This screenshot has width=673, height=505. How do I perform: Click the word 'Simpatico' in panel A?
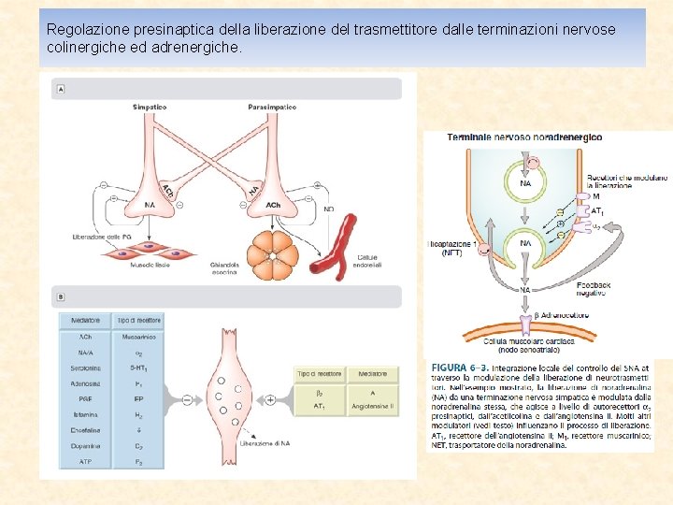[x=150, y=108]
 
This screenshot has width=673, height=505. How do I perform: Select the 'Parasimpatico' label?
[x=272, y=108]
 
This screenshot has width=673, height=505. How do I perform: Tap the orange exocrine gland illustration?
[x=273, y=251]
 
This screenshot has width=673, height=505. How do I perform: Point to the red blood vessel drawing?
[x=336, y=247]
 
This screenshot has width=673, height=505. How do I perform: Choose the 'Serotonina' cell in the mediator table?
[x=85, y=368]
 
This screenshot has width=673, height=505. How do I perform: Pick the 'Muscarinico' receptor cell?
[x=138, y=337]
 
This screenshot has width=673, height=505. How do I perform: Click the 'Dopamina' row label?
[x=85, y=447]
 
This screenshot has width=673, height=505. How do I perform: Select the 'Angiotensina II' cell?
[x=373, y=406]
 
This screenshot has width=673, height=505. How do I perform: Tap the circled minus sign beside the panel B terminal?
[x=187, y=399]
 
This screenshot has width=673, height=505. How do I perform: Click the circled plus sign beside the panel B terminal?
[x=271, y=399]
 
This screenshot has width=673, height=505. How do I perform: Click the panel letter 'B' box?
[x=61, y=297]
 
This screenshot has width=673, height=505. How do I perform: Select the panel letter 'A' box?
[x=61, y=90]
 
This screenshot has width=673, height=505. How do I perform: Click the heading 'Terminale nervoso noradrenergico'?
[x=524, y=137]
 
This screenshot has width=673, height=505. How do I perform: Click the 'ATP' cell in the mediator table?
[x=85, y=462]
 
